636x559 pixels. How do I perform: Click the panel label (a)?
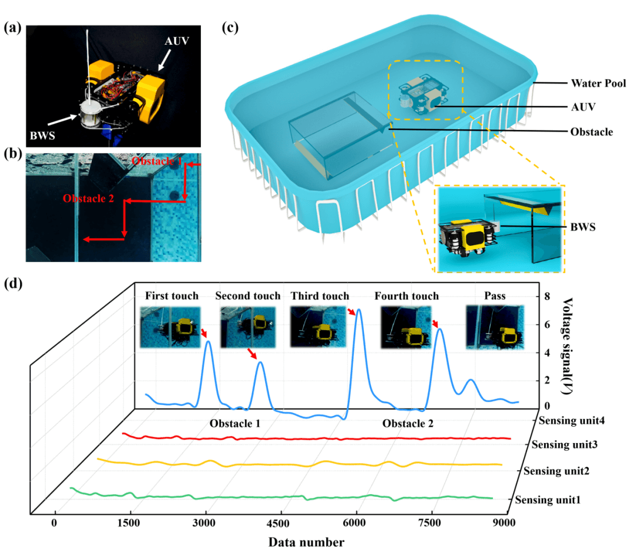click(x=13, y=28)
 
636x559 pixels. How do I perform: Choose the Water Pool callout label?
click(x=598, y=84)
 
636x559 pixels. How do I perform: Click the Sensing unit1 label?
click(x=548, y=500)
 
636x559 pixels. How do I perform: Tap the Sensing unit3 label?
click(x=564, y=444)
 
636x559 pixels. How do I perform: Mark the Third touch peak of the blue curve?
click(x=358, y=310)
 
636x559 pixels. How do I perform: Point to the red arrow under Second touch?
click(x=253, y=353)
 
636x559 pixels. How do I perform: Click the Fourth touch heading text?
click(x=406, y=296)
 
